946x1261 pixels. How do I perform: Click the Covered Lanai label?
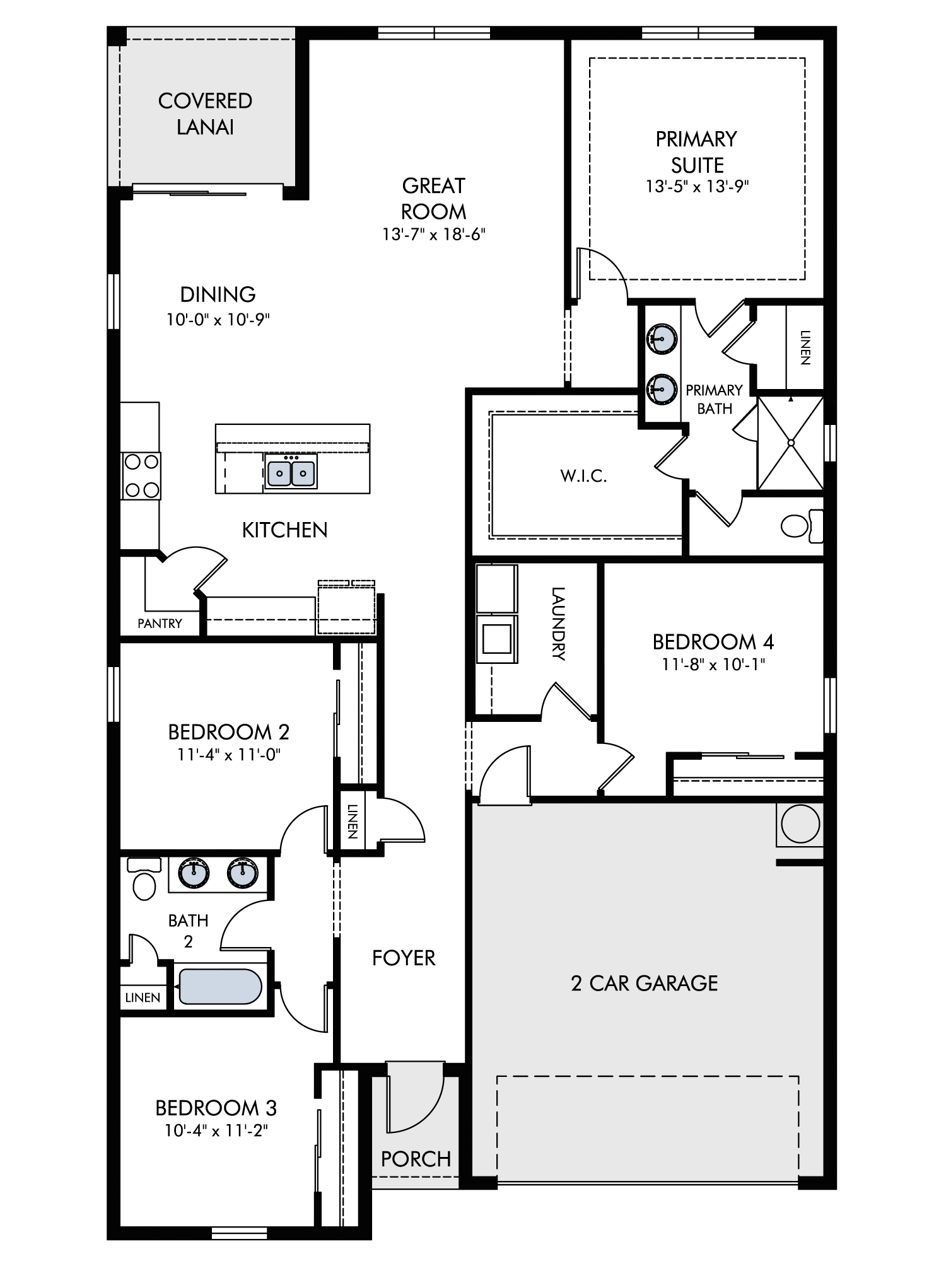[x=205, y=114]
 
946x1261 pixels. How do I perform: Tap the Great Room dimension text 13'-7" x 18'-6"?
[x=434, y=235]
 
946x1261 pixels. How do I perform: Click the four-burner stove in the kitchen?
[x=141, y=475]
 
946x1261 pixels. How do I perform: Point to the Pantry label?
[x=160, y=624]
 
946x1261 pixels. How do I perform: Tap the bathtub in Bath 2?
[x=220, y=987]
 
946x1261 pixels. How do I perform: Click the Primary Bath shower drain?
[x=790, y=443]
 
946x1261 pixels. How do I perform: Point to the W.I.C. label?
[x=583, y=476]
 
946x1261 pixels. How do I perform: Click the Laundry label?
[x=558, y=623]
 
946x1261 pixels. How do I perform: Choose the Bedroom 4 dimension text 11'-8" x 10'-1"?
[x=713, y=664]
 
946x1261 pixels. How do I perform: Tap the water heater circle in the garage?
[x=800, y=824]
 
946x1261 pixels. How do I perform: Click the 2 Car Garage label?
[x=644, y=984]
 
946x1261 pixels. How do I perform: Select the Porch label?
[x=416, y=1159]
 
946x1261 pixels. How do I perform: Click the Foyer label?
[x=404, y=958]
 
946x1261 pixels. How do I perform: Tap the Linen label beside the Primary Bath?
[x=805, y=347]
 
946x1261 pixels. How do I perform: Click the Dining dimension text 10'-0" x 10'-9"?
[x=218, y=320]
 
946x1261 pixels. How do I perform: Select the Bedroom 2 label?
[x=228, y=732]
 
